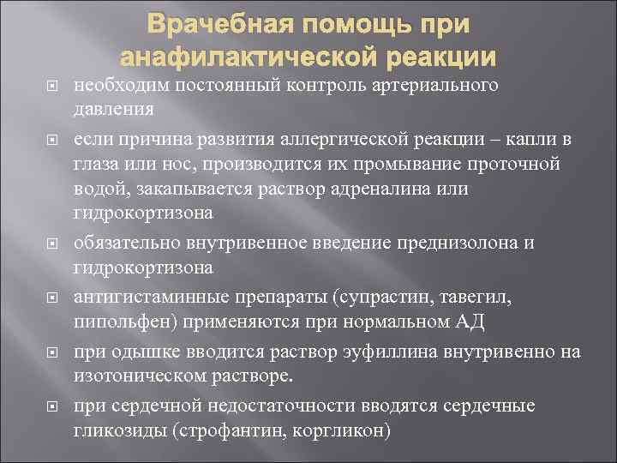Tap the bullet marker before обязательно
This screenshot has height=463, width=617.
coord(50,244)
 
